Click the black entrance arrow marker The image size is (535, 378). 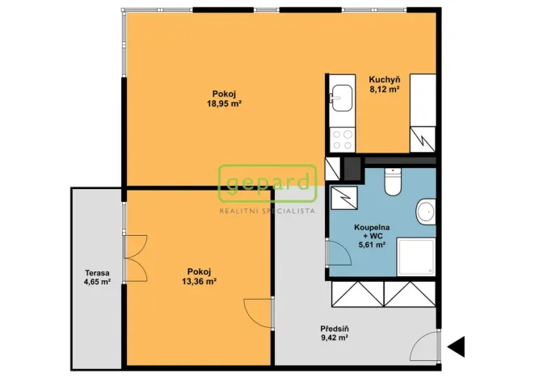pos(457,346)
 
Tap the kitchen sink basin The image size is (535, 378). pos(342,98)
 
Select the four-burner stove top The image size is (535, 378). pos(343,140)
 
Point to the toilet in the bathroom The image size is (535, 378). pos(393,182)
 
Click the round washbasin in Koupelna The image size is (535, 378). pos(426,212)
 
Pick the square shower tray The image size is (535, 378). pos(416,257)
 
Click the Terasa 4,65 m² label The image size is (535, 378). pos(97,277)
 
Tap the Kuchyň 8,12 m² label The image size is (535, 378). pos(385,85)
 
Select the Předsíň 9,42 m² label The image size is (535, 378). pos(335,334)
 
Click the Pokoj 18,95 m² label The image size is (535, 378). pos(224,99)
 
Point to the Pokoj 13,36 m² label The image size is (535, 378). pos(200,276)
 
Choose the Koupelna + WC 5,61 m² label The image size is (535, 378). pos(372,236)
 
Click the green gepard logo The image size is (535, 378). pos(267,183)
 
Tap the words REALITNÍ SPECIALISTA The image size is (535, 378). pos(267,211)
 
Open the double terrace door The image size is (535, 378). pos(136,258)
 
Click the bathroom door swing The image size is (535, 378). pos(339,253)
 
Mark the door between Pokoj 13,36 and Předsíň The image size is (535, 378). pos(259,313)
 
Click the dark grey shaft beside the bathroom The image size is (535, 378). pos(352,169)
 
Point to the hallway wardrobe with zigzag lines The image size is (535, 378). pos(384,294)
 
